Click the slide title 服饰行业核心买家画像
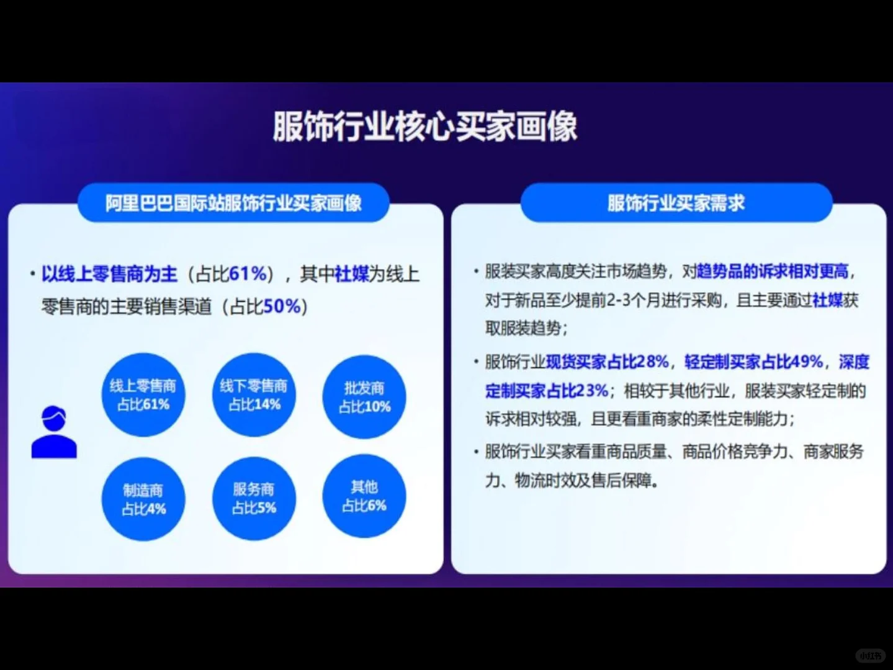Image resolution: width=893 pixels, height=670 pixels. coord(425,127)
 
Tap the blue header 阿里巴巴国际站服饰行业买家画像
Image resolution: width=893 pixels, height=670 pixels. coord(233,203)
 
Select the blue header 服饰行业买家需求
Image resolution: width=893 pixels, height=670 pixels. coord(676,203)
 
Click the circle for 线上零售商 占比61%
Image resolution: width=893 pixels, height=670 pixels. coord(143,395)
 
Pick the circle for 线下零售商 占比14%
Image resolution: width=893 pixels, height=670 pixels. coord(254,395)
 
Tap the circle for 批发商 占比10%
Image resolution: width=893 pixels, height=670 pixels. coord(364,398)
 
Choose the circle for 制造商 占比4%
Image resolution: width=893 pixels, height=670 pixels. coord(143,499)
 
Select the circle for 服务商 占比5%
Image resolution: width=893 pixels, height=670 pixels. coord(254,499)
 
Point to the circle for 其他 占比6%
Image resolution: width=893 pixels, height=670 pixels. coord(364,496)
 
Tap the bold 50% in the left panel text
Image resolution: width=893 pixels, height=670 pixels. coord(282,306)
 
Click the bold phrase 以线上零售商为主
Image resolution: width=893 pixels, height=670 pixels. coord(109,274)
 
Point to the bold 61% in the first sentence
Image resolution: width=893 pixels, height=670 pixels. coord(248,274)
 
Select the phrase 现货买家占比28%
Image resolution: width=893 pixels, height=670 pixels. coord(608,362)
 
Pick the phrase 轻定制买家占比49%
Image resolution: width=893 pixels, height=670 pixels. coord(753,362)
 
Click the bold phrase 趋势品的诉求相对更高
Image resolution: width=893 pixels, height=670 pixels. coord(773,271)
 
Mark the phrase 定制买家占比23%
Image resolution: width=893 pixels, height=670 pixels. coord(547,391)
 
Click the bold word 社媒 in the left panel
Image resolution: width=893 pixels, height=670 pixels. coord(352,274)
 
